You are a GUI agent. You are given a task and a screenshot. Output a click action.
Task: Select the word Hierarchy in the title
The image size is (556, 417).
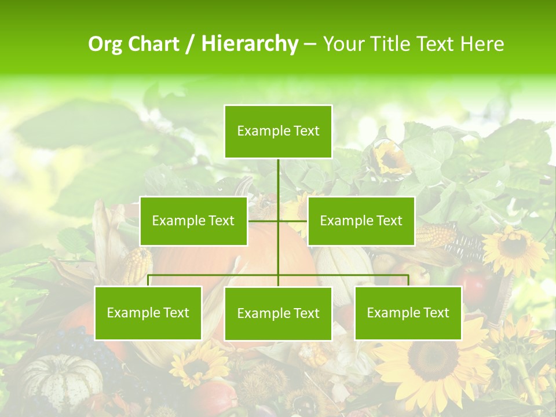click(x=249, y=44)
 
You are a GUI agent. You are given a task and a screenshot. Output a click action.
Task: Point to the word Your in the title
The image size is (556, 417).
click(x=342, y=44)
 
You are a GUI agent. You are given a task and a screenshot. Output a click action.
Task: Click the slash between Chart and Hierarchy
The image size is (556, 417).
click(x=190, y=44)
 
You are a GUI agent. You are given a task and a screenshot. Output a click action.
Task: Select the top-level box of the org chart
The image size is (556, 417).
click(x=278, y=131)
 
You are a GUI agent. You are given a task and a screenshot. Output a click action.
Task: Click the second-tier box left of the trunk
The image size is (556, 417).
click(x=193, y=221)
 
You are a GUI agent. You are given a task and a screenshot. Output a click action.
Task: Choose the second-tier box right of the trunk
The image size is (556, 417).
click(x=361, y=221)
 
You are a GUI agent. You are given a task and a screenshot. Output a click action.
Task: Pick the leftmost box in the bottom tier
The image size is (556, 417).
click(x=148, y=313)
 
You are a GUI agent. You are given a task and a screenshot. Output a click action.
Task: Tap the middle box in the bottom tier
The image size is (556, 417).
click(x=278, y=314)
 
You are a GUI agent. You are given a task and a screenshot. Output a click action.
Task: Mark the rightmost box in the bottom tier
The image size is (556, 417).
click(x=408, y=313)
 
